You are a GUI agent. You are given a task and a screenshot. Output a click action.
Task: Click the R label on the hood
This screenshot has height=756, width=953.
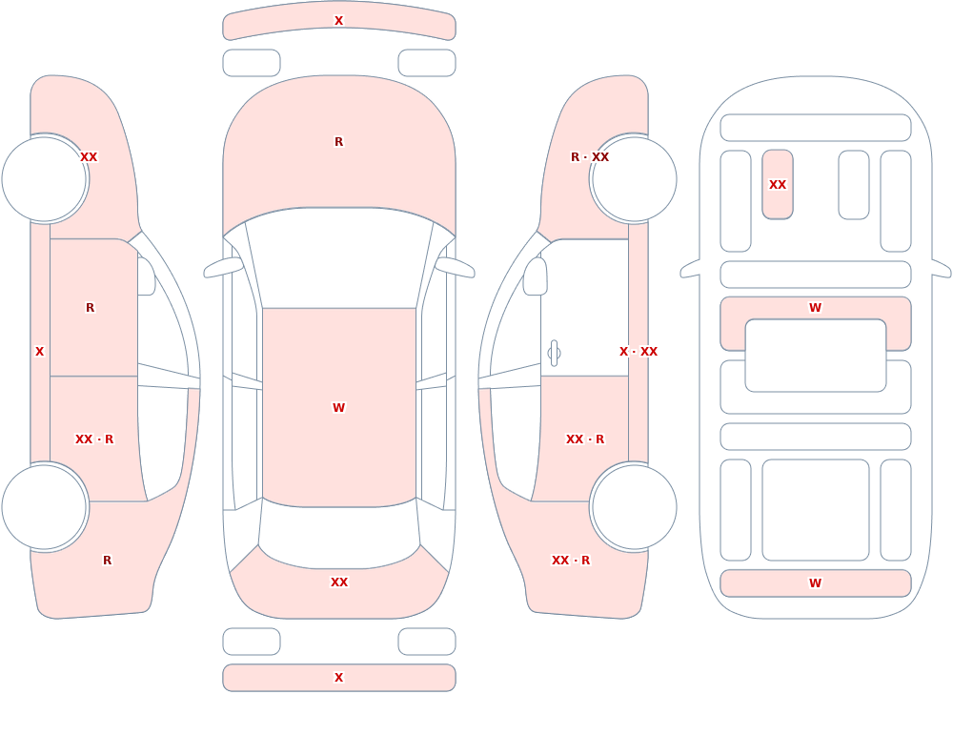(x=338, y=142)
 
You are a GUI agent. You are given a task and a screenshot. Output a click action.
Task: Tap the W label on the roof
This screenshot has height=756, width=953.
(x=338, y=407)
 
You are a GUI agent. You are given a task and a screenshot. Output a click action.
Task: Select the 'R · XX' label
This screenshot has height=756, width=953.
(x=590, y=157)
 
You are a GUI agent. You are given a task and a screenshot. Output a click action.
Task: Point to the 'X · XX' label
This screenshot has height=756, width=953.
(x=639, y=352)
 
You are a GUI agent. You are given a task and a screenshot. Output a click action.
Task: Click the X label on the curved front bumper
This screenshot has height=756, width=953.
(x=338, y=21)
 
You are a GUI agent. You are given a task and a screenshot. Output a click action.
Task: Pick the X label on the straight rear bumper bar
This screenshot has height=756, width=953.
(x=338, y=678)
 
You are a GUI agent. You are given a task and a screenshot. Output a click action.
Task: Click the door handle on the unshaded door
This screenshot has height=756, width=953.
(x=554, y=353)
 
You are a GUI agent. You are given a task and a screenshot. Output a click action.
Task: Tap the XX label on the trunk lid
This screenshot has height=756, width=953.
(x=338, y=582)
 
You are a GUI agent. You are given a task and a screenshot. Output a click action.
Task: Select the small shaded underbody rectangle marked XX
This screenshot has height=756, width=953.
(x=778, y=184)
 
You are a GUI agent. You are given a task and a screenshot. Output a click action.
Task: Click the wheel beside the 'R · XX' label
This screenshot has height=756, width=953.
(x=634, y=179)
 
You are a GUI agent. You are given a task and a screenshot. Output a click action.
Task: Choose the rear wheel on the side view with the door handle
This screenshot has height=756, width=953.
(x=634, y=507)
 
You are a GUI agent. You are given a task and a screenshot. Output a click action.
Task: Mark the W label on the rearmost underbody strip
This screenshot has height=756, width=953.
(x=815, y=583)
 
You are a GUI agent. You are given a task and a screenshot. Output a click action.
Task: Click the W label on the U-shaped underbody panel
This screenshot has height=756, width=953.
(x=815, y=308)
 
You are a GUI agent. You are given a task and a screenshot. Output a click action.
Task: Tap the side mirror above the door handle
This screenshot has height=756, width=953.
(x=535, y=276)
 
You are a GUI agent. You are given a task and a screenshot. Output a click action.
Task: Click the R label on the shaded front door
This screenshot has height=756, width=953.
(x=90, y=308)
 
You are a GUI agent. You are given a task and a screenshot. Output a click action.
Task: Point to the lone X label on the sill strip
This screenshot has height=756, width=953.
(x=39, y=352)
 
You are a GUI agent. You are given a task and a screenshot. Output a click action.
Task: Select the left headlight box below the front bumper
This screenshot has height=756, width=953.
(x=251, y=63)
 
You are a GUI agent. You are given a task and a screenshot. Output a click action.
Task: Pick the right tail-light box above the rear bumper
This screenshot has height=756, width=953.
(x=427, y=642)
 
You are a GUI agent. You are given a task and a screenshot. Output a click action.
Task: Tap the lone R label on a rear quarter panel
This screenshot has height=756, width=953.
(x=107, y=561)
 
